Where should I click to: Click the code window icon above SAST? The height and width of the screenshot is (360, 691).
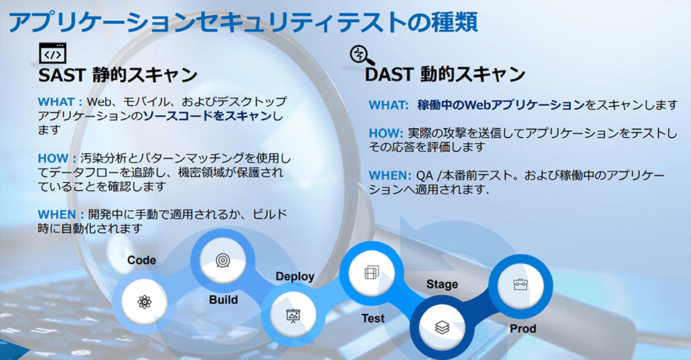[53, 53]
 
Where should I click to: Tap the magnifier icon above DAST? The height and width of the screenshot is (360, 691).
[362, 55]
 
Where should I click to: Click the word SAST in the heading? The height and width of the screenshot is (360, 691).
[62, 75]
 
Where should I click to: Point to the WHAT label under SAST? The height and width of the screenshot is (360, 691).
[60, 102]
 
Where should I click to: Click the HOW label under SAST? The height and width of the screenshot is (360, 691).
[57, 158]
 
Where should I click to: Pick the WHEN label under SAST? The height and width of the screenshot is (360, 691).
[60, 215]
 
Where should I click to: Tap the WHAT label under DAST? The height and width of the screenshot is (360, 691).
[389, 105]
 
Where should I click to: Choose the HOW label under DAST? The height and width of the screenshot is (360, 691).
[386, 133]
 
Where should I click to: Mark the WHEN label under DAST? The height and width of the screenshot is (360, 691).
[390, 176]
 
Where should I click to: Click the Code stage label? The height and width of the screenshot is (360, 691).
[142, 260]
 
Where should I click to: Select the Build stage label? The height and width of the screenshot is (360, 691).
[223, 300]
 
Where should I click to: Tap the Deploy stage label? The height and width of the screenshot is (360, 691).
[295, 276]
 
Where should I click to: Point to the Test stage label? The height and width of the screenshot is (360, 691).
[373, 318]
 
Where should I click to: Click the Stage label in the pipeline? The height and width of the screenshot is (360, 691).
[442, 284]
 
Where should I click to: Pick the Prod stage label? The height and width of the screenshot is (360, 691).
[523, 328]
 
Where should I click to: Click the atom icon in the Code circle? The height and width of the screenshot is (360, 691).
[144, 302]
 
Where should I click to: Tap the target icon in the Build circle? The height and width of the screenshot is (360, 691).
[223, 261]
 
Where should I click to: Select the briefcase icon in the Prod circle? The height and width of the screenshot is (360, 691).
[520, 284]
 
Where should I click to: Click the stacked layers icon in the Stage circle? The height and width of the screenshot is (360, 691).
[442, 327]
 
